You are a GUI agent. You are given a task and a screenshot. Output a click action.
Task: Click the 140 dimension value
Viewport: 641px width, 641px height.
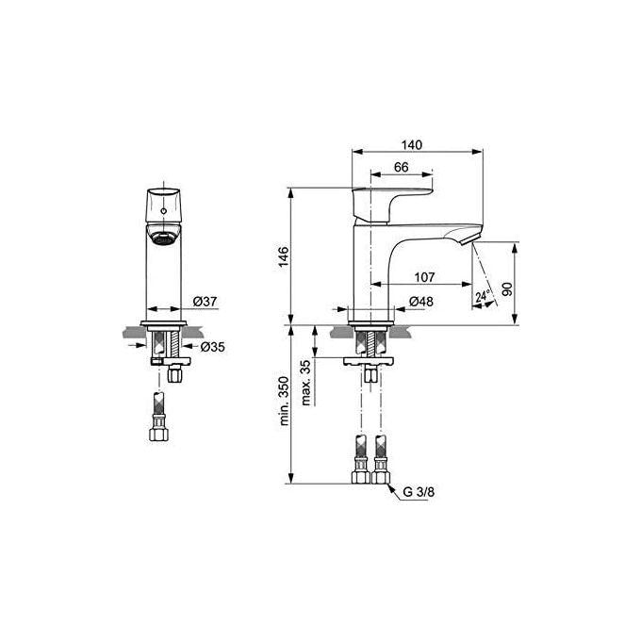411,144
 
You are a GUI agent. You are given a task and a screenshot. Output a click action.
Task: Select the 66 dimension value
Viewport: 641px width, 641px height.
400,167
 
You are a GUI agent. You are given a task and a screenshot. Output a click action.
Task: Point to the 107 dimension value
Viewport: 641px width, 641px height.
424,277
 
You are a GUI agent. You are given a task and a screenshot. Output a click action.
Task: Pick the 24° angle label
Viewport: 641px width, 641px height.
483,297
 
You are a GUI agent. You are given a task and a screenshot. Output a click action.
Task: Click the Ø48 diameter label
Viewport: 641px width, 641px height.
420,302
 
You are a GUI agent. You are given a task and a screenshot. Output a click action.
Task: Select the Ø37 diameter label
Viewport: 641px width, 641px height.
205,302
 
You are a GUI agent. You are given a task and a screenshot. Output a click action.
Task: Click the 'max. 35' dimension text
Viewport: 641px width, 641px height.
304,382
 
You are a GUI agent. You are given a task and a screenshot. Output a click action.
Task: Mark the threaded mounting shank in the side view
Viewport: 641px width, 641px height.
370,340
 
